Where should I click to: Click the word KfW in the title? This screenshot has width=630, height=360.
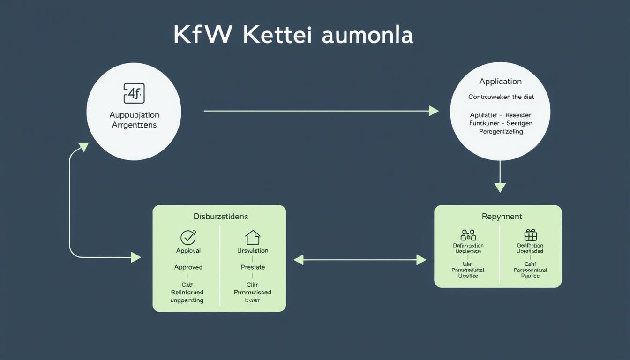[202, 35]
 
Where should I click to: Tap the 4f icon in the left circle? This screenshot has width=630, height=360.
[134, 93]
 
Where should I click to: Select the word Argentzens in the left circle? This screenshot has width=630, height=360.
[134, 125]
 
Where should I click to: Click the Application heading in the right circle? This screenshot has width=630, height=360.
[500, 82]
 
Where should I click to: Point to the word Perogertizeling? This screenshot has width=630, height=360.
[501, 132]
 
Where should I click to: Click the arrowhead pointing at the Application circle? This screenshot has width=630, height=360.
[434, 111]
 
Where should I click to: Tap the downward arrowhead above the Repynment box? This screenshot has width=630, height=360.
[500, 187]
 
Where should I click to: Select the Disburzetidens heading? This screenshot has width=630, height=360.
[221, 217]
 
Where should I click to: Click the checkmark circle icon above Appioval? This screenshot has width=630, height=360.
[188, 237]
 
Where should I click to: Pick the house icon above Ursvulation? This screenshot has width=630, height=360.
[252, 237]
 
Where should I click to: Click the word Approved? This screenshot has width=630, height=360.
[188, 267]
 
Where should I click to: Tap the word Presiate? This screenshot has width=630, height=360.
[253, 267]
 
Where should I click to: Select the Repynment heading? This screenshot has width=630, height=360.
[502, 217]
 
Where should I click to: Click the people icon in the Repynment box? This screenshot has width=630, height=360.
[468, 235]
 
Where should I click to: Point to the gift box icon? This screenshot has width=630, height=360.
[530, 235]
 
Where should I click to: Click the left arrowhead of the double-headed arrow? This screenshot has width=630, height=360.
[299, 260]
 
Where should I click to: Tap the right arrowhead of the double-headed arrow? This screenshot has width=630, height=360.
[421, 260]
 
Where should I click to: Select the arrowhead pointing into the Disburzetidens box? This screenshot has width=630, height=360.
[136, 257]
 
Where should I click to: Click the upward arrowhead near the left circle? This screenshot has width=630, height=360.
[83, 147]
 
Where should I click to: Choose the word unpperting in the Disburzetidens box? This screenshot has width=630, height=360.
[187, 300]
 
